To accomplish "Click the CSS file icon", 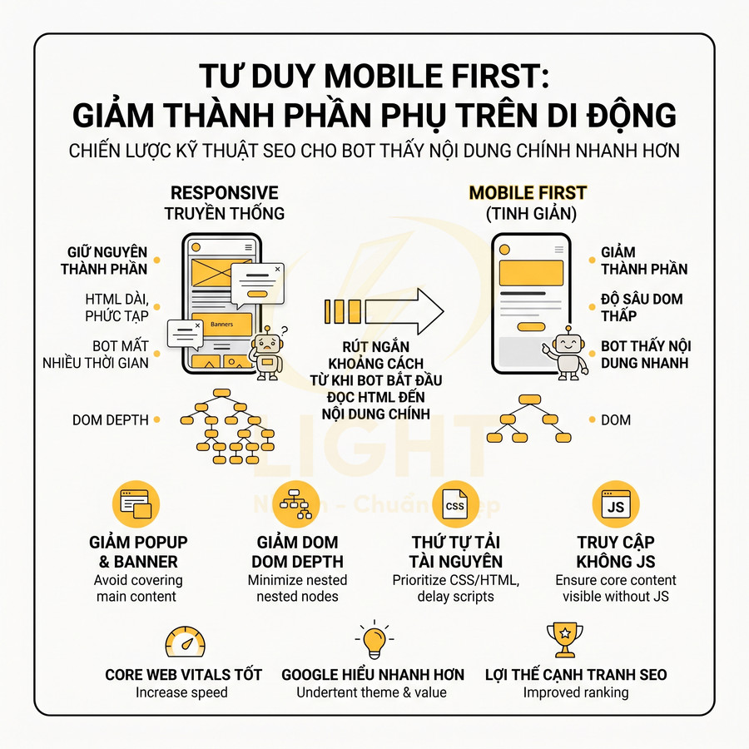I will (x=455, y=504).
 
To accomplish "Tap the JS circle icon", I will (x=616, y=504).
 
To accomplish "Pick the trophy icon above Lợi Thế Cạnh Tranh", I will (x=565, y=641).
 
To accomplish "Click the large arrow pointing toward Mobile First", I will (x=384, y=310).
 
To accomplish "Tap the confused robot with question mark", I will (x=268, y=352).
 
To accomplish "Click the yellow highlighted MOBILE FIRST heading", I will (x=528, y=193).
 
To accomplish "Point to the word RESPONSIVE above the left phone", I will (x=224, y=193).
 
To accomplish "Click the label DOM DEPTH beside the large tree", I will (x=111, y=420).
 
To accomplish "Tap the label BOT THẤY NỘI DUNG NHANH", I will (x=645, y=355).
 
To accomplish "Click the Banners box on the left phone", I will (x=222, y=324).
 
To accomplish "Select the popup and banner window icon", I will (x=136, y=504).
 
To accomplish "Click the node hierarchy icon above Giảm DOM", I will (x=295, y=504).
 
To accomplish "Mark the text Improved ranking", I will (x=576, y=692).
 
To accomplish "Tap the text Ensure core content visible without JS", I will (x=616, y=588).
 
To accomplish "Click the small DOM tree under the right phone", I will (x=528, y=419).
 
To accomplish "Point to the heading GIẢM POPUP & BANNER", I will (x=135, y=552).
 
